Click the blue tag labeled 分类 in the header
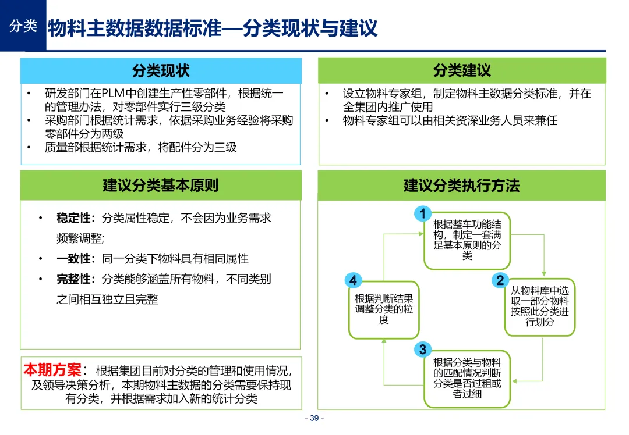23,26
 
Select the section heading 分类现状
161,71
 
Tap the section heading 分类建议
462,71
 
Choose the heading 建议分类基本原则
161,186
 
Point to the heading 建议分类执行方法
462,186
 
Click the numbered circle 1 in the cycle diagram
423,214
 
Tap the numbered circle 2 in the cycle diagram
500,280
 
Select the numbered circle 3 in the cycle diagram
423,349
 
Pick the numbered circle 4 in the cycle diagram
353,280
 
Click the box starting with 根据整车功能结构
467,240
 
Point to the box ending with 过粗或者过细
467,378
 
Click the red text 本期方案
52,370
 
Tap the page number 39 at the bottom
314,419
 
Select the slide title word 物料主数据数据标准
135,28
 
